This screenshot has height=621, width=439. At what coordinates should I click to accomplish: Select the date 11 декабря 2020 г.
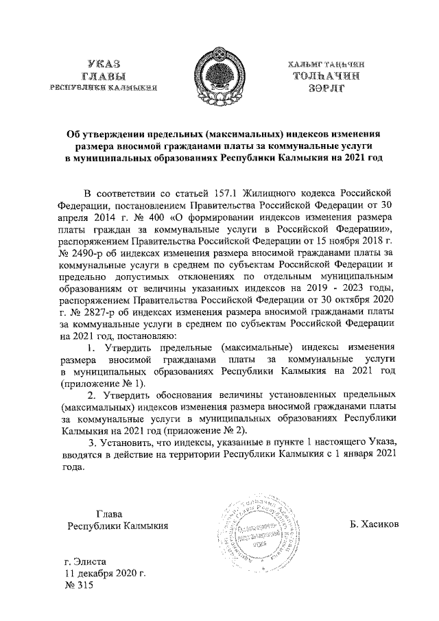click(104, 574)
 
